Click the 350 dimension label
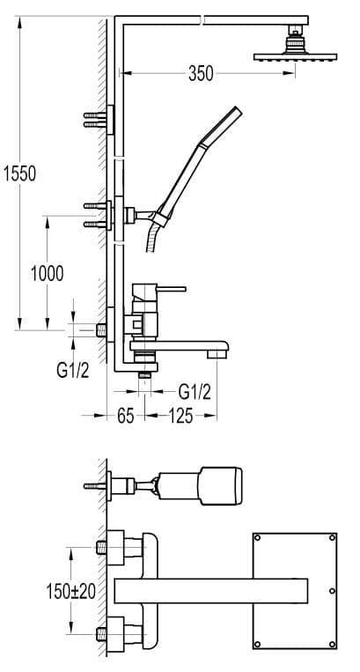pos(201,74)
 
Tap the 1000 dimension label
pos(47,273)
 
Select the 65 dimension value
pos(125,416)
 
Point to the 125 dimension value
pos(180,416)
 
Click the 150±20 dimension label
pos(71,592)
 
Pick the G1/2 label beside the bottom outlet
pos(195,391)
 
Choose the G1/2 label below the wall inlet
pos(73,369)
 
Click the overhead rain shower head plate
pos(296,56)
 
